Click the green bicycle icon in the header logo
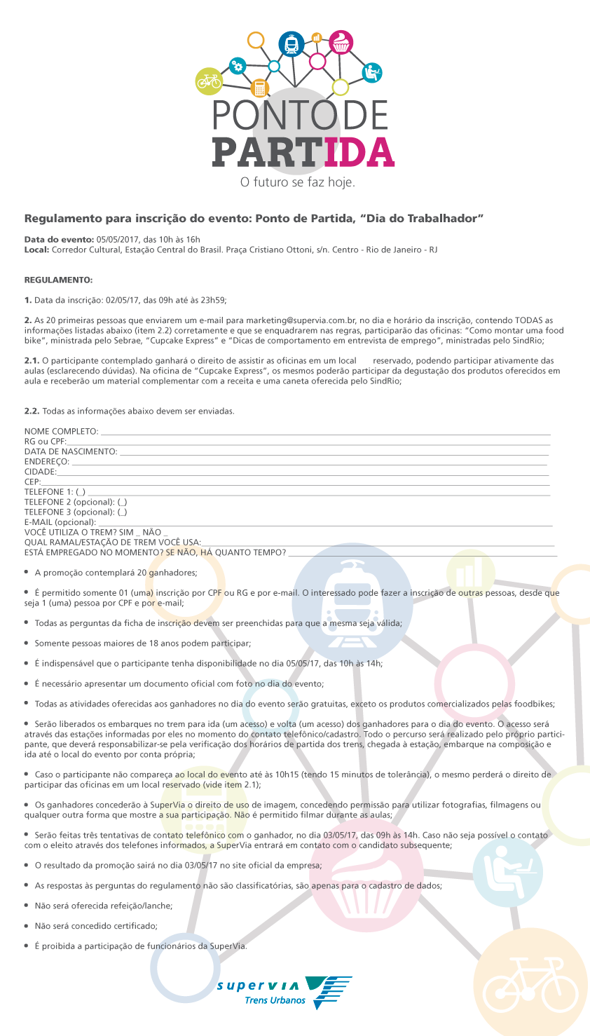[209, 81]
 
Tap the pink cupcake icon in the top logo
[341, 42]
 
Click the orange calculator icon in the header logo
[260, 88]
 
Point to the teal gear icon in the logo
[238, 66]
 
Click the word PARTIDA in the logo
[303, 152]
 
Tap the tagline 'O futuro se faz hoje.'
[298, 182]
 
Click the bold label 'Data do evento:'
[59, 240]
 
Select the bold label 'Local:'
[36, 250]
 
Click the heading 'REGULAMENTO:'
[58, 280]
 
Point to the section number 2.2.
[32, 411]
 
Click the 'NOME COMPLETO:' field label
[61, 431]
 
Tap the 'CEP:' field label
[32, 482]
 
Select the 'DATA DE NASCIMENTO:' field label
[71, 451]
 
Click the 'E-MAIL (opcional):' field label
[60, 522]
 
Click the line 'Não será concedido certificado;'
[96, 926]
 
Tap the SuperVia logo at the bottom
[284, 992]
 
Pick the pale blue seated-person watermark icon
[508, 873]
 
